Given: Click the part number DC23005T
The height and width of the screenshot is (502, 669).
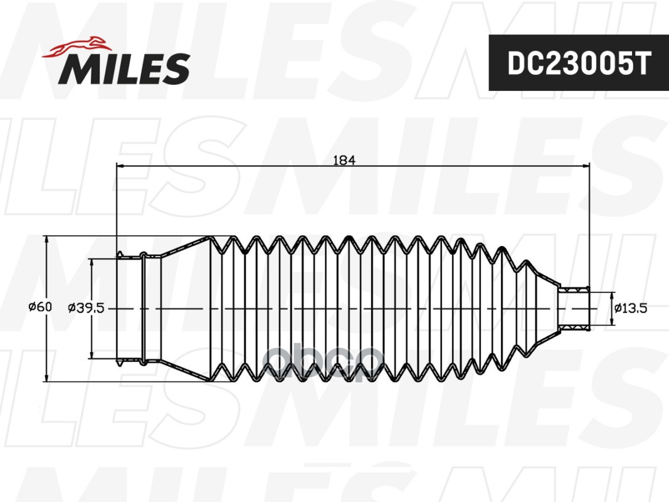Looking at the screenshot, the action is coord(579,64).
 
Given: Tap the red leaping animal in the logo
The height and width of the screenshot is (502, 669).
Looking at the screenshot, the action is coord(76,46).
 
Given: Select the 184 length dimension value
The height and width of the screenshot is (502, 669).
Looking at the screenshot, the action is coord(344,160).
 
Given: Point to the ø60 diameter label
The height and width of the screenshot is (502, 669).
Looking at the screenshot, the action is coord(40,306).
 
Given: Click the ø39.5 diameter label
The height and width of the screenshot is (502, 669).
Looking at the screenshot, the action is coord(86,307).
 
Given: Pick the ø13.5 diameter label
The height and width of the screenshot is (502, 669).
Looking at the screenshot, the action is coord(631,307).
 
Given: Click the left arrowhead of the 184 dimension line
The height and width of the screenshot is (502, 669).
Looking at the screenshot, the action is coord(120,165).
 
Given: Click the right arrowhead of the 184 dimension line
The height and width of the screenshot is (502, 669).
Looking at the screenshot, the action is coord(586,165).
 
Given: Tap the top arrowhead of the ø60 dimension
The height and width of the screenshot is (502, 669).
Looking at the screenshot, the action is coord(46,240).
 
